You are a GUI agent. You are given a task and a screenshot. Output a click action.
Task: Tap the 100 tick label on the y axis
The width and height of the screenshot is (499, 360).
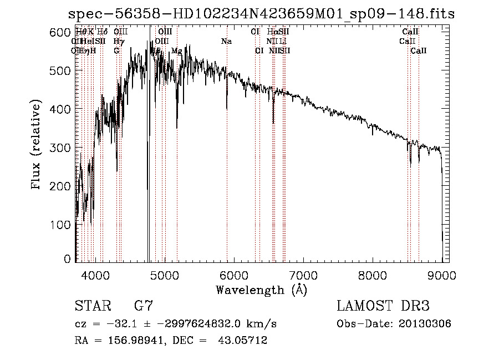point(60,225)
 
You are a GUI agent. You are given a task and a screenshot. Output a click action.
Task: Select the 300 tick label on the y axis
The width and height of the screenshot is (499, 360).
point(60,148)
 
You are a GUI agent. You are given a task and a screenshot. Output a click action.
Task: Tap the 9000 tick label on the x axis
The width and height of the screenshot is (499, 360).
point(442,275)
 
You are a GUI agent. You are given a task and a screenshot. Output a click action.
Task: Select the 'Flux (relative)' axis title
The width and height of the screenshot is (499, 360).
point(37,145)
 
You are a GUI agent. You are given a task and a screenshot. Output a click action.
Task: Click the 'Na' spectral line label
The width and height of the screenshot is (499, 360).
point(226,42)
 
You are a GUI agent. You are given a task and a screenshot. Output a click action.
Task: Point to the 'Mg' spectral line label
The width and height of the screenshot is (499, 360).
point(176,51)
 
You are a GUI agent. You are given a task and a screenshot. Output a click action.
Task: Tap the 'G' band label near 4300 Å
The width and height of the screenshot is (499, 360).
point(116,51)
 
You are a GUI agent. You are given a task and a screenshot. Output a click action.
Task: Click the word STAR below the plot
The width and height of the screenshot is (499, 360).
point(91,306)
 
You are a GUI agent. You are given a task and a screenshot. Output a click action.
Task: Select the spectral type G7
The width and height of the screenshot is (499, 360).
point(144,306)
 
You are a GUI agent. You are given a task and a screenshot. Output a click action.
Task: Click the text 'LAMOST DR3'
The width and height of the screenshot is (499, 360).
point(383,306)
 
